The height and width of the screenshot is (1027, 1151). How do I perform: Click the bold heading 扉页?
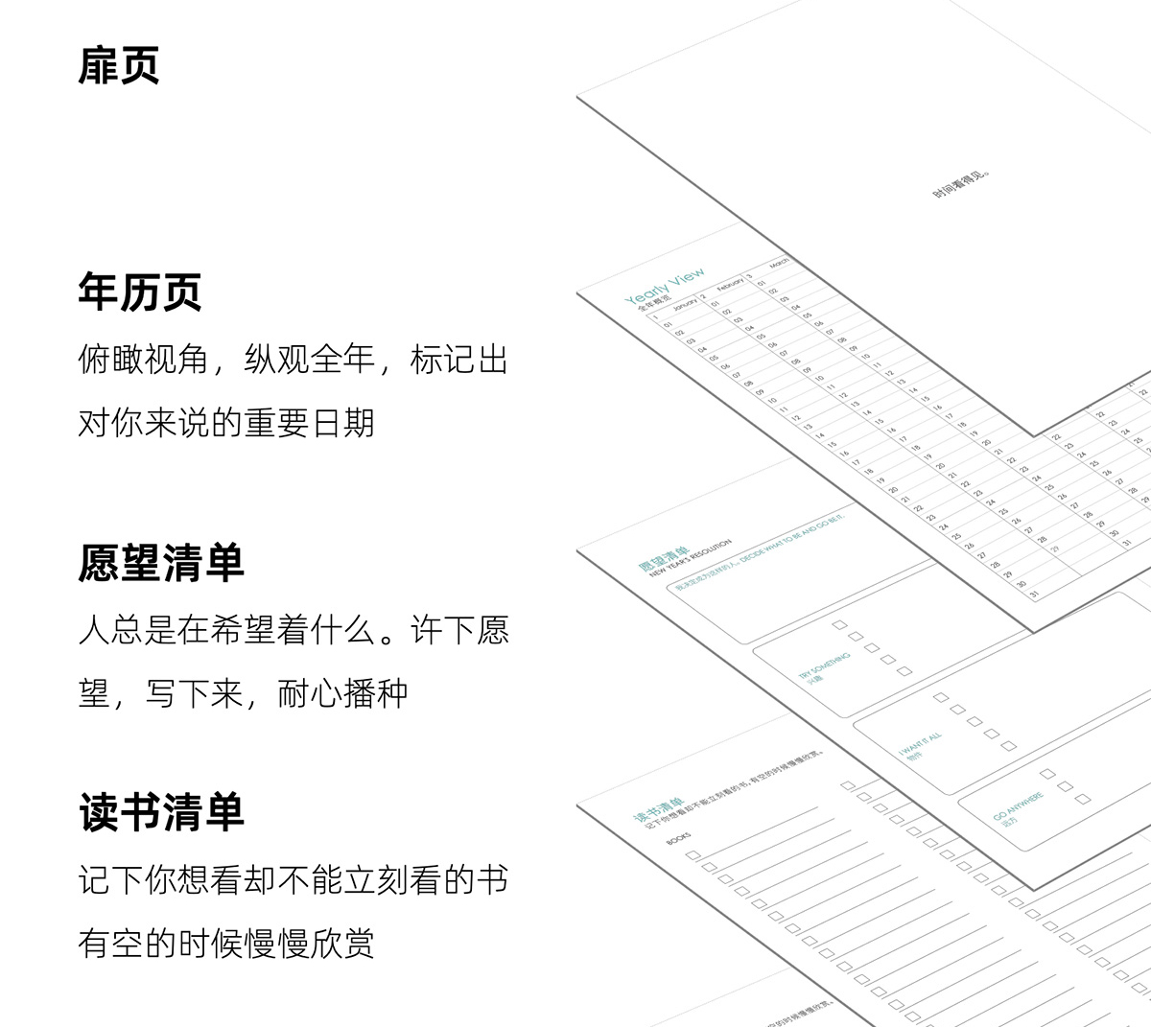(x=119, y=65)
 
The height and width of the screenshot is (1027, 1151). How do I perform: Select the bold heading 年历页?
(x=140, y=292)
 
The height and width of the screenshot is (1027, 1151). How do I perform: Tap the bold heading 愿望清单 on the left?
(x=161, y=563)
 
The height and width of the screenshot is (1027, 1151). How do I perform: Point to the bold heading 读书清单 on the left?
(x=161, y=812)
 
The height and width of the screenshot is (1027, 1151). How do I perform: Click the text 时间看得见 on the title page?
(x=960, y=185)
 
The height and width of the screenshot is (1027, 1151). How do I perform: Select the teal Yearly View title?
(x=665, y=288)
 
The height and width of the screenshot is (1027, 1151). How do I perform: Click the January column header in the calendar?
(x=685, y=305)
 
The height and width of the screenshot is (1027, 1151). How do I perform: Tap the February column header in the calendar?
(x=730, y=284)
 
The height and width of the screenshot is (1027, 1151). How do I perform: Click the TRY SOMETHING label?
(x=824, y=665)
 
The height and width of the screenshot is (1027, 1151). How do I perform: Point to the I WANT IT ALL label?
(x=921, y=745)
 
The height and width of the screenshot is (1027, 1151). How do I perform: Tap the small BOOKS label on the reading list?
(x=678, y=838)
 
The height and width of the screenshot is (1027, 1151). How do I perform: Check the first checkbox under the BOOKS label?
(x=693, y=854)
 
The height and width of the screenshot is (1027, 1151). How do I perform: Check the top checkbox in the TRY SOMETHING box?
(x=839, y=625)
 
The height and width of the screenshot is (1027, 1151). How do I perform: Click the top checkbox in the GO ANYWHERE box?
(x=1047, y=773)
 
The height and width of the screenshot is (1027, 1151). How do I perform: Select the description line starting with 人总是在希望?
(x=293, y=631)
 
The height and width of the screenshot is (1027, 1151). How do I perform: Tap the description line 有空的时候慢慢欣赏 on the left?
(x=226, y=944)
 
